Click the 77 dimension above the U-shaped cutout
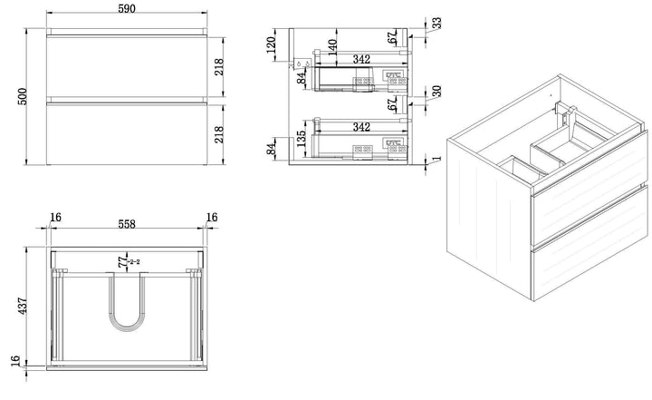point(120,262)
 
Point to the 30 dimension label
point(437,93)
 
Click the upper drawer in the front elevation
point(127,65)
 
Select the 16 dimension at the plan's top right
point(213,218)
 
